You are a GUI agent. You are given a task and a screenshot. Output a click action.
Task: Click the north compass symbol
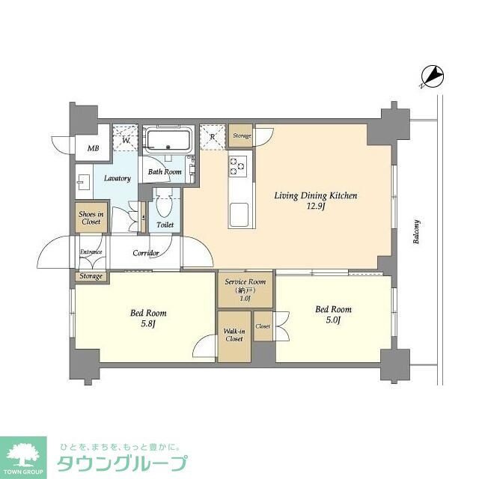433,76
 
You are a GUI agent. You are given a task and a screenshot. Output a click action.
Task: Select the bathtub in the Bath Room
169,140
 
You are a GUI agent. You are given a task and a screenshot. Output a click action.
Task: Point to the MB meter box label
94,148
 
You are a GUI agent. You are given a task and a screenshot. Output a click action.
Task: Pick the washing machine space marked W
125,138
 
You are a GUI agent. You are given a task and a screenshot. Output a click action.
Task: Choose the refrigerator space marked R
213,137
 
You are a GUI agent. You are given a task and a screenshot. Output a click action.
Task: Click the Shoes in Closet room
90,218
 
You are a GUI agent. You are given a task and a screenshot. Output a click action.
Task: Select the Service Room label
245,289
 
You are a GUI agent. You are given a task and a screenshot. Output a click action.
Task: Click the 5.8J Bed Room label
149,317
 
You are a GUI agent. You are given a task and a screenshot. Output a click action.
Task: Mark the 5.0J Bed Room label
333,314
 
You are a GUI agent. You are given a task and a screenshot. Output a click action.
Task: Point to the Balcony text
416,232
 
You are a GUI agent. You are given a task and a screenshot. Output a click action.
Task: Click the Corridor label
146,253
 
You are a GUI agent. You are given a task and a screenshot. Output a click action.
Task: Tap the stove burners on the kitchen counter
239,165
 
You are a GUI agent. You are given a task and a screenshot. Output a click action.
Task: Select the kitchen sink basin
240,215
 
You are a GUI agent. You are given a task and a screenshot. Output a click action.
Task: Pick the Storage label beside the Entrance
90,277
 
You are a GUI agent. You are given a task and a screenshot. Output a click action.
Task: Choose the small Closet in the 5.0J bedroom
263,327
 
